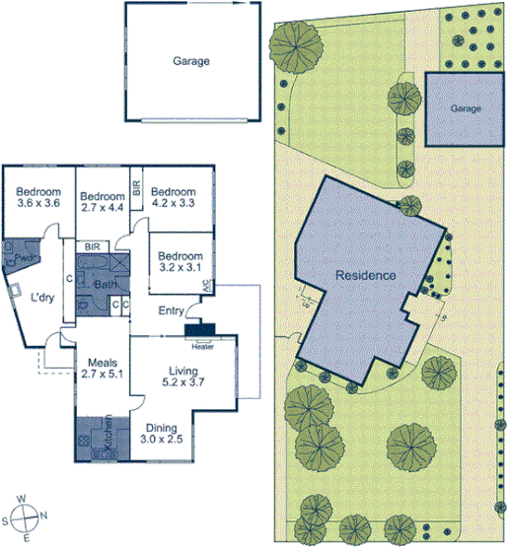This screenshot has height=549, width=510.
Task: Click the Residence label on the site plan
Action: coord(364,275)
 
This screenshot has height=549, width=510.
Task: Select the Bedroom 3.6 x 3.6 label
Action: coord(39,197)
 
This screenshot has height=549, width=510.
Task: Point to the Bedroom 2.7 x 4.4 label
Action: coord(101,201)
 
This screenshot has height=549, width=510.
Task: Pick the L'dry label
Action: coord(41,298)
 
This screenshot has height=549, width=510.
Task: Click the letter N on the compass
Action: coord(42,515)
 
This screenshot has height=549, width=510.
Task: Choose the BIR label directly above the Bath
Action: coord(93,247)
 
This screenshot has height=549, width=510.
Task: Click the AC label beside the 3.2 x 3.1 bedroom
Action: coord(207,286)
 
